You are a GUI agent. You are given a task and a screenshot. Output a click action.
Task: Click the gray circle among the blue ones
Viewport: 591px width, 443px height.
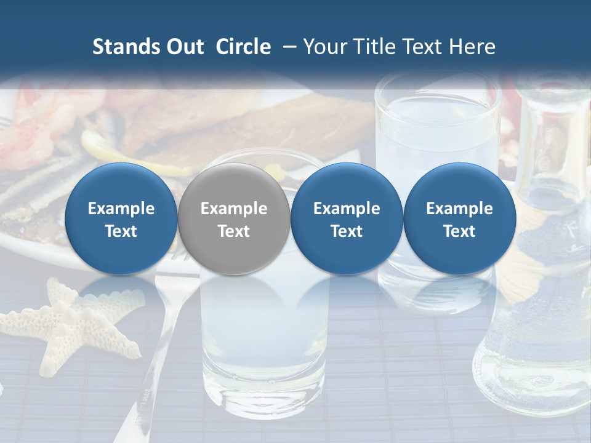pos(234,218)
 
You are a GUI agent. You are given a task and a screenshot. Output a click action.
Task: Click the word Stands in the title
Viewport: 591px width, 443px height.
pos(121,47)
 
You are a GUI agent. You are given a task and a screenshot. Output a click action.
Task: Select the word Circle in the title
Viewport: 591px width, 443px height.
pos(243,47)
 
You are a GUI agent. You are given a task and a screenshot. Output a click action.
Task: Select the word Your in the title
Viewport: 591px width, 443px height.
pos(326,47)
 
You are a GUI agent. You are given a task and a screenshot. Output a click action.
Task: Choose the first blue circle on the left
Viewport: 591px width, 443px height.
pos(121,218)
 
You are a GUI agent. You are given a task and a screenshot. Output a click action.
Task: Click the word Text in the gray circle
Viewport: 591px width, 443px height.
pos(234,231)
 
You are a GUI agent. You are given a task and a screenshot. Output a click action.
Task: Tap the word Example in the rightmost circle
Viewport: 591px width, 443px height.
pos(459,209)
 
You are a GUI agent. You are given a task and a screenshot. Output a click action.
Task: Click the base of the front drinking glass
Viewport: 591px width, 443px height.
pos(265,381)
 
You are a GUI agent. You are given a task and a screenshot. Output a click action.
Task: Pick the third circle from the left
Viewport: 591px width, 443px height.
pos(347,218)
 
